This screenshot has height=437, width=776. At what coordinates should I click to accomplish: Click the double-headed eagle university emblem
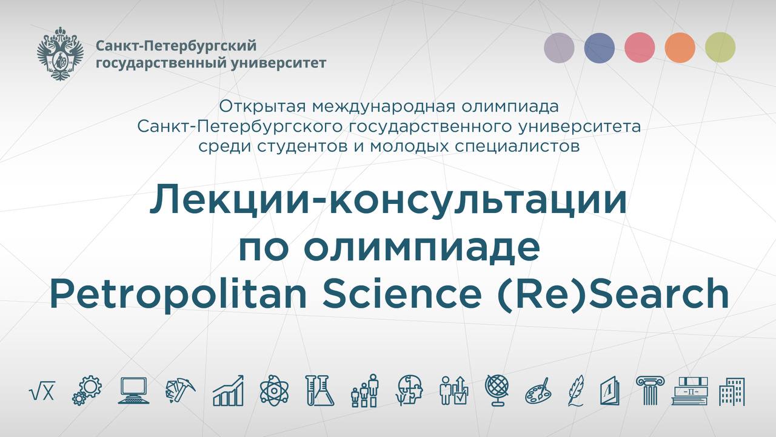[x=60, y=54]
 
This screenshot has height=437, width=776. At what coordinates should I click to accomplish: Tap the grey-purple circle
[x=559, y=47]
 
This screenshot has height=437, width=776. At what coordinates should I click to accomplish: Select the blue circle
[x=599, y=47]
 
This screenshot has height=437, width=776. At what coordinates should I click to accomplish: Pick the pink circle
[x=639, y=47]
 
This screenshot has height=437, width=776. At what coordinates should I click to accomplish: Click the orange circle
[x=680, y=47]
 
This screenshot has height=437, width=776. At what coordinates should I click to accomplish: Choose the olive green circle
[x=720, y=47]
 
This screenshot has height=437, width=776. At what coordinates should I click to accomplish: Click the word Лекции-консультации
[x=388, y=201]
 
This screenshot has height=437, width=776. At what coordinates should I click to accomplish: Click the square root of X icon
[x=42, y=391]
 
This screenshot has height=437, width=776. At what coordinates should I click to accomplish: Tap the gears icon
[x=87, y=390]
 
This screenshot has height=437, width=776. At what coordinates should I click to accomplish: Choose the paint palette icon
[x=537, y=390]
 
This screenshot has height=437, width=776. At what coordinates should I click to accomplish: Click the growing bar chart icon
[x=228, y=390]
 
